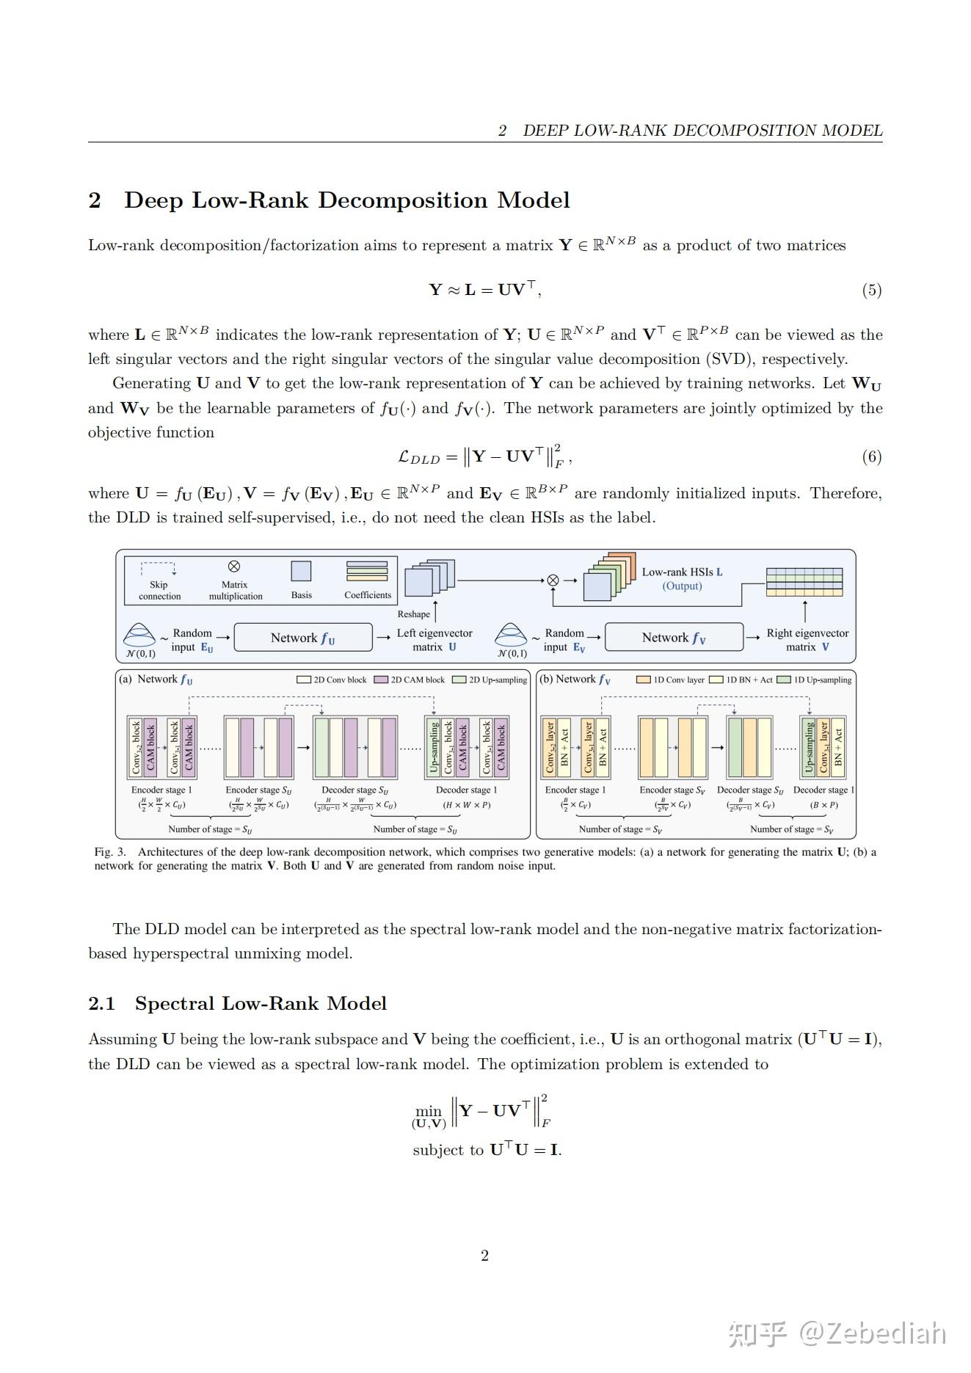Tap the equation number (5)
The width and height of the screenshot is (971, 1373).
coord(871,290)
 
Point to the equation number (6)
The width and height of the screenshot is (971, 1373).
coord(871,456)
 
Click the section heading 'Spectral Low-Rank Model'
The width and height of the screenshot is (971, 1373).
coord(261,1003)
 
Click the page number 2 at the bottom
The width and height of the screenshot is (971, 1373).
coord(484,1256)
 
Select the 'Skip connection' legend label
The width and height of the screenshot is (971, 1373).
coord(159,591)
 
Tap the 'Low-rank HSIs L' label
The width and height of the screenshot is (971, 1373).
coord(682,572)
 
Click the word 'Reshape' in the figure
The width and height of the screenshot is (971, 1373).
coord(413,614)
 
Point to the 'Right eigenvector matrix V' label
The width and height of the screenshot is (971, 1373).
coord(807,640)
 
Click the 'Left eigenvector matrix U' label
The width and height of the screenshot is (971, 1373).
coord(434,640)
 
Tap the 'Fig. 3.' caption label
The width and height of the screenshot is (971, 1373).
coord(110,852)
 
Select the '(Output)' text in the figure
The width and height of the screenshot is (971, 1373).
coord(682,586)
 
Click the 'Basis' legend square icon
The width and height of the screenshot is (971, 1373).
coord(301,571)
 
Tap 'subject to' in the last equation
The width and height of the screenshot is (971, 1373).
coord(448,1150)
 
